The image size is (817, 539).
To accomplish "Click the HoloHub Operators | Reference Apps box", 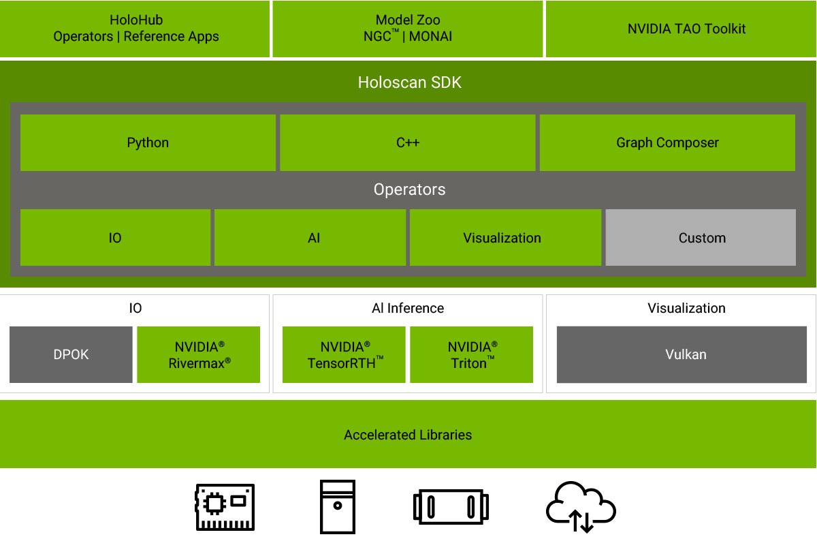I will (x=135, y=29).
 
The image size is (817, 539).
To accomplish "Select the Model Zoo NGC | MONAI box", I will (x=408, y=29).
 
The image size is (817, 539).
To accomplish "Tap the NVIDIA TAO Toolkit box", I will (x=681, y=29).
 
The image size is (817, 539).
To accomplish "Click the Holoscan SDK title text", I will (x=409, y=82).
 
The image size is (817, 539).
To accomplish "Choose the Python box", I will (x=148, y=142).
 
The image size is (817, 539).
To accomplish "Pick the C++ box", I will (x=408, y=142).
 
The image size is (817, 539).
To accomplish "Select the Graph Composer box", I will (x=667, y=142).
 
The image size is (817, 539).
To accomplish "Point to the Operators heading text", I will (x=409, y=189).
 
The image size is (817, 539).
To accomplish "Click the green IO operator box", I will (x=115, y=238).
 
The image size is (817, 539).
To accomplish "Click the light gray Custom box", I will (x=701, y=238).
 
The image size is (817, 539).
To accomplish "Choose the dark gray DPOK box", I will (x=71, y=354).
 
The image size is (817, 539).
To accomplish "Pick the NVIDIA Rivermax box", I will (x=199, y=354).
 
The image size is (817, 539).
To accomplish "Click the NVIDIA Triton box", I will (x=472, y=354).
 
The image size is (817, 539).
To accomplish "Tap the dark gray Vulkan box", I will (x=686, y=354).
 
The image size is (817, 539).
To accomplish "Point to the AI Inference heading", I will (x=408, y=308).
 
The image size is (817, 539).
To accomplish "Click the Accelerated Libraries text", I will (x=408, y=435).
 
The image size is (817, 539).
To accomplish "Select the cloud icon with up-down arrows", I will (x=581, y=508).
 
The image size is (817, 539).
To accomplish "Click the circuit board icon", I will (x=225, y=507).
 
